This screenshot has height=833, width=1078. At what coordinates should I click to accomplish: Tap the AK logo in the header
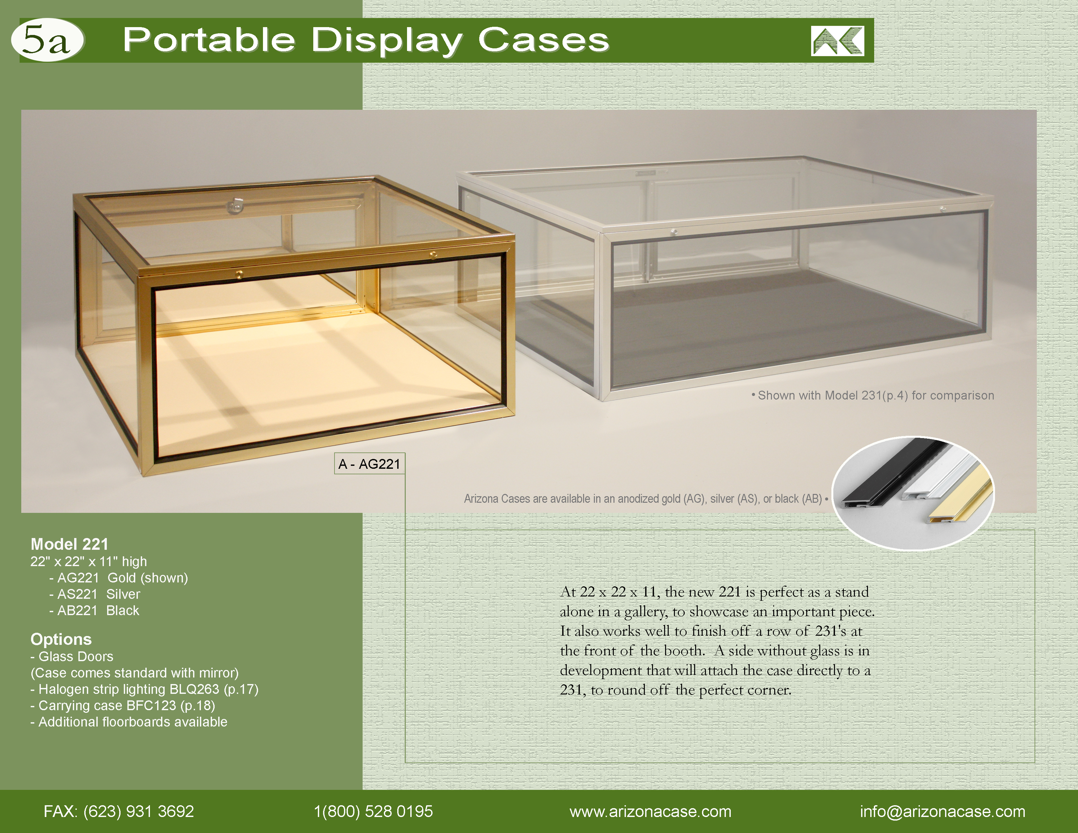tap(837, 41)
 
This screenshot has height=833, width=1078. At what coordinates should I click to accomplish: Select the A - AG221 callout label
tap(369, 464)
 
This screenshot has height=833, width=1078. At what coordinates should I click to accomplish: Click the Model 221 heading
tap(70, 544)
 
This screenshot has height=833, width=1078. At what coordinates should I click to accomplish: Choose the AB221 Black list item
tap(94, 611)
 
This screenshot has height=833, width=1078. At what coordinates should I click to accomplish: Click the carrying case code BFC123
tap(152, 706)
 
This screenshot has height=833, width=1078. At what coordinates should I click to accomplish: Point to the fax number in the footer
tap(119, 811)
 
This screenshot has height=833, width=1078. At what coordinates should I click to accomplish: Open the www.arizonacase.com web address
tap(650, 812)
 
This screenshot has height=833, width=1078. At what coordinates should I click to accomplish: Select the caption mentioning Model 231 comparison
tap(873, 395)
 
